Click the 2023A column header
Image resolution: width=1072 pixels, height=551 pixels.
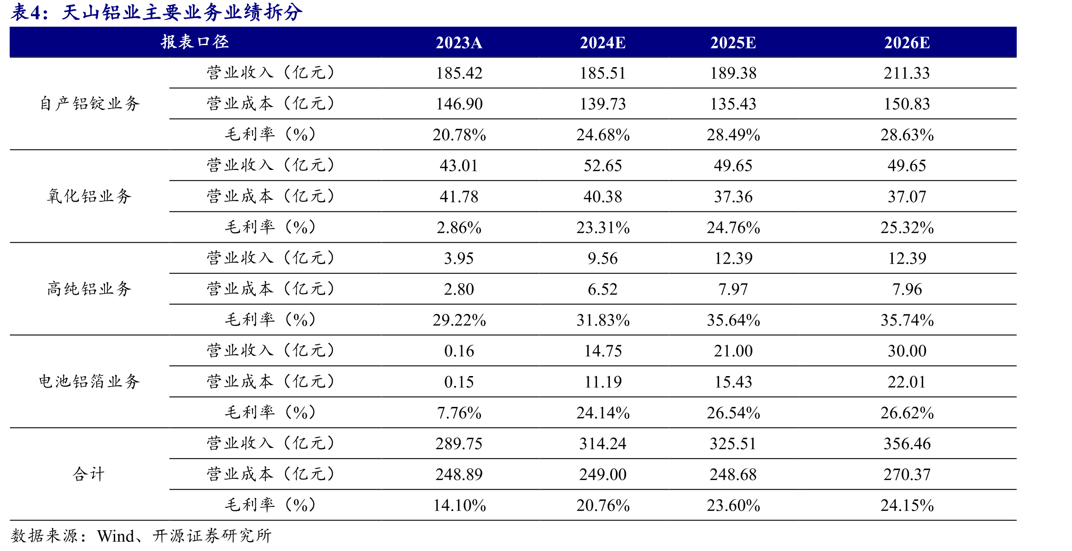tap(459, 43)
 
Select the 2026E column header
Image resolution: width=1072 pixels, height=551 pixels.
tap(907, 43)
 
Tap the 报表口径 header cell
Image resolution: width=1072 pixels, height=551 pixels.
tap(195, 42)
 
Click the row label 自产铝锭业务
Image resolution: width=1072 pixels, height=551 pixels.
tap(89, 104)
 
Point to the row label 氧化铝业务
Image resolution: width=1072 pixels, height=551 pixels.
tap(89, 196)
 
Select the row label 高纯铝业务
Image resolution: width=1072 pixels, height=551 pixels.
tap(89, 289)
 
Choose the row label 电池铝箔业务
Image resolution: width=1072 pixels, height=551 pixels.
tap(89, 381)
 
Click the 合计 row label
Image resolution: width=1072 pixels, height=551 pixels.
tap(89, 474)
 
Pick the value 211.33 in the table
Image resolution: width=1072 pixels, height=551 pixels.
tap(907, 73)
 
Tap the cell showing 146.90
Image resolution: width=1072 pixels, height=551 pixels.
tap(459, 104)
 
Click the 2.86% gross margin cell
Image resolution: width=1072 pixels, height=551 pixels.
tap(459, 227)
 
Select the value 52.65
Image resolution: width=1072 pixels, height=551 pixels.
tap(603, 166)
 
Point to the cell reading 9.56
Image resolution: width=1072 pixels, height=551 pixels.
tap(603, 258)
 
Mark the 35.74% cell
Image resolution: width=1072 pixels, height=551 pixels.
tap(907, 320)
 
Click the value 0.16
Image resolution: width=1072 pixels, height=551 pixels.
tap(459, 351)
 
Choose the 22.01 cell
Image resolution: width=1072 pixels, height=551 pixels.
tap(907, 382)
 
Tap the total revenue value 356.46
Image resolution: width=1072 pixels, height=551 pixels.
tap(907, 443)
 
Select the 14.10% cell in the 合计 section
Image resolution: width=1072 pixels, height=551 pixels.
tap(459, 505)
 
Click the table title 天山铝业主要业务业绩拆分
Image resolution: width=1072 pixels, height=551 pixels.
tap(182, 12)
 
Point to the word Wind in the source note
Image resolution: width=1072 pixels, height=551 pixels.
tap(116, 536)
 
